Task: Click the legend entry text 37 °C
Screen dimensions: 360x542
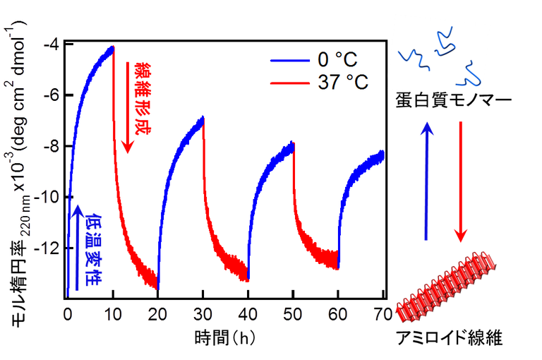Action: (x=343, y=83)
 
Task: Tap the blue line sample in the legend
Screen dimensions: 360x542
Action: (x=290, y=61)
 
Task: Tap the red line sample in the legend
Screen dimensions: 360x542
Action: (x=290, y=83)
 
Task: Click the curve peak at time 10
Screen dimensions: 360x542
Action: (x=113, y=47)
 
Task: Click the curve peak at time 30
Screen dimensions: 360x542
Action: (x=203, y=117)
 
